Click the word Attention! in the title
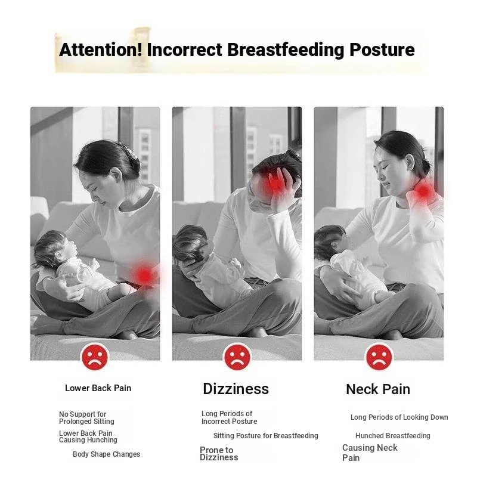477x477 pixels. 101,49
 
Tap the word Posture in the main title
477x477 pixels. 382,49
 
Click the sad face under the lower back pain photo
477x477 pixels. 95,357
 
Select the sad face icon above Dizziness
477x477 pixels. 237,357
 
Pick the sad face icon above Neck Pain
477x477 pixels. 379,357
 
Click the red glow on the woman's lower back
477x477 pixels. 144,275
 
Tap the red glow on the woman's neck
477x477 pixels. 423,191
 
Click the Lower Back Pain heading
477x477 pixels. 98,388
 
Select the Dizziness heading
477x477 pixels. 236,389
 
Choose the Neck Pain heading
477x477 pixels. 378,389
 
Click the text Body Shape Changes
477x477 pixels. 107,454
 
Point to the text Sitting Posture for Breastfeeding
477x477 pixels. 265,436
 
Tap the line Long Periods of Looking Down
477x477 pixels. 399,417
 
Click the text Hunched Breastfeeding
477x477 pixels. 393,436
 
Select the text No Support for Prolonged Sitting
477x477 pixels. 86,418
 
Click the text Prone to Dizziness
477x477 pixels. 219,454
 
